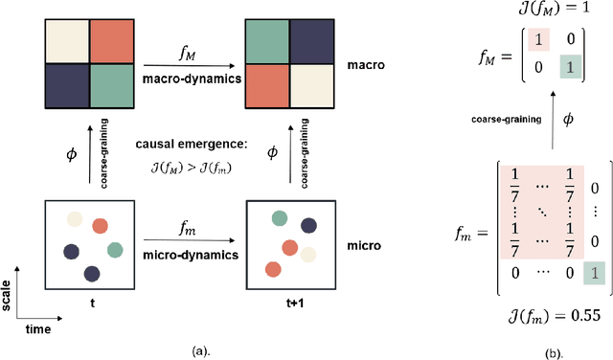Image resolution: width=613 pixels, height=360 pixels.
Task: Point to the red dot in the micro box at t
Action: pos(99,226)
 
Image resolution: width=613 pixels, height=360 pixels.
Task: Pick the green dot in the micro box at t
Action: pos(115,251)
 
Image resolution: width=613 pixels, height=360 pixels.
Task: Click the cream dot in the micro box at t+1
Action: pos(306,254)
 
